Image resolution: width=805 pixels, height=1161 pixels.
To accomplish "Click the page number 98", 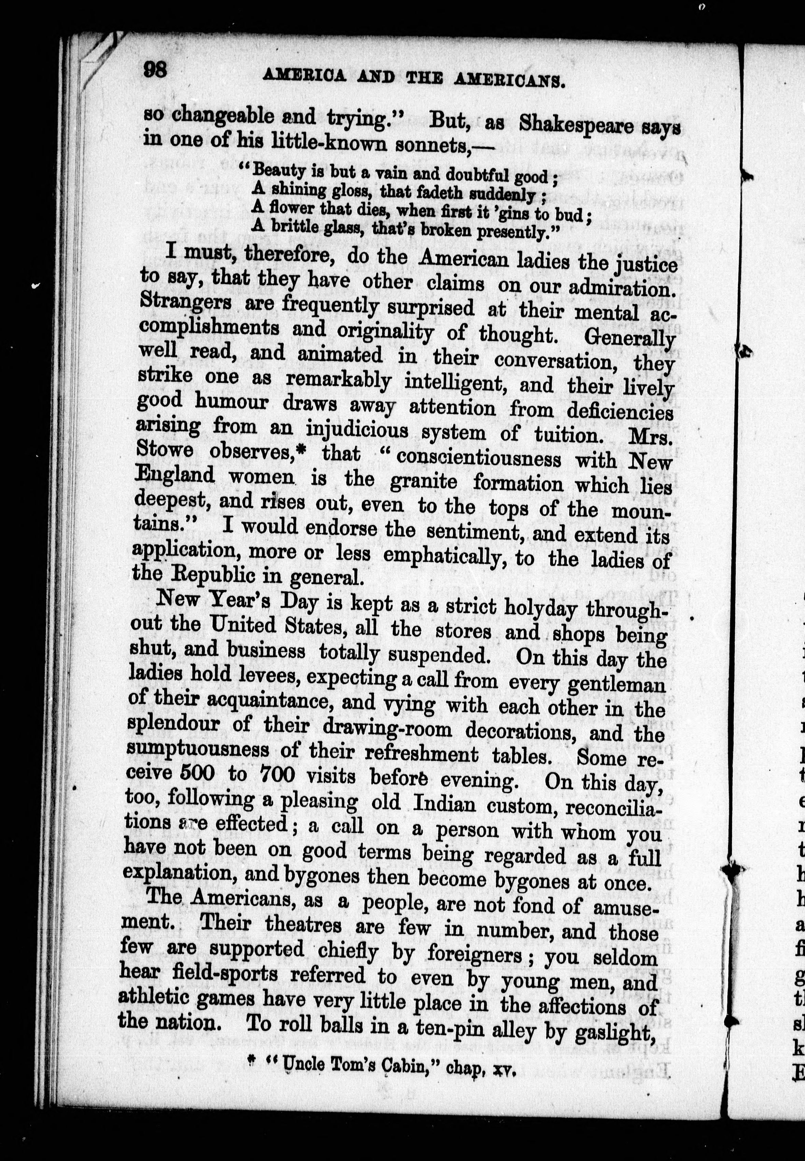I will (155, 69).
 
